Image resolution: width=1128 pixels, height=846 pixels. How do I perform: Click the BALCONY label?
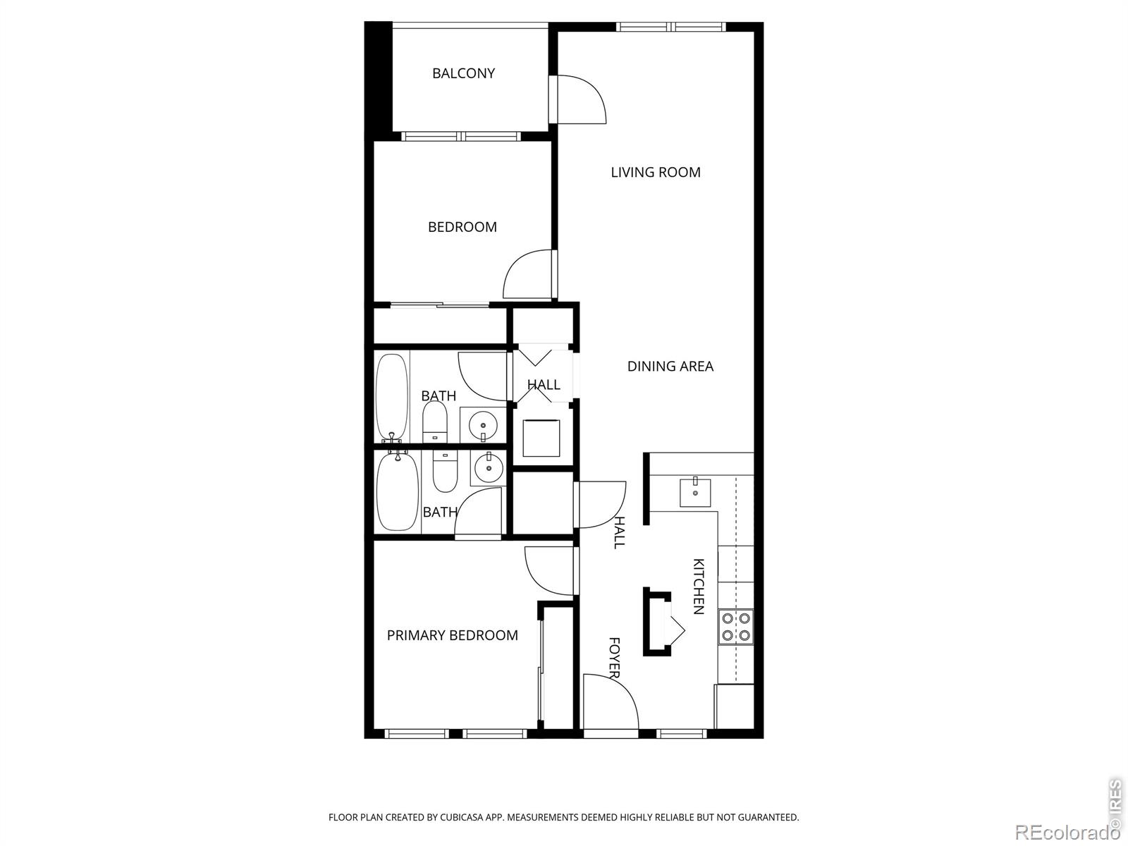click(x=463, y=73)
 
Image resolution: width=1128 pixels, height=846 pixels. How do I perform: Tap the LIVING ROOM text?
click(x=655, y=172)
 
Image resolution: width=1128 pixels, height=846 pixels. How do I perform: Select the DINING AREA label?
click(x=670, y=366)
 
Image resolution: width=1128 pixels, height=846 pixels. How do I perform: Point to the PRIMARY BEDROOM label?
click(x=452, y=635)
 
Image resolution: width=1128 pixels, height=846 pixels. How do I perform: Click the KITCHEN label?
click(x=699, y=586)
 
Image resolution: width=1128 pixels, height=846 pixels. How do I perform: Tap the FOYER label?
click(x=614, y=658)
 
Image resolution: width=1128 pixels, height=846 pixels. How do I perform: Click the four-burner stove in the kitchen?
click(x=736, y=627)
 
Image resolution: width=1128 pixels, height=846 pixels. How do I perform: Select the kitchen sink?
click(x=695, y=493)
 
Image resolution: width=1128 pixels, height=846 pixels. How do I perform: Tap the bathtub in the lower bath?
click(x=397, y=491)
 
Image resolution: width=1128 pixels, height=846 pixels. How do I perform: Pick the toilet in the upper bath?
click(x=435, y=422)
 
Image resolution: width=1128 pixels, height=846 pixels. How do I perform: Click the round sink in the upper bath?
click(x=483, y=425)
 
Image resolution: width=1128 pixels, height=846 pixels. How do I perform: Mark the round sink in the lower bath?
click(x=489, y=467)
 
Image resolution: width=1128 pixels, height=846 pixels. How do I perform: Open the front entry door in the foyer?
click(x=611, y=701)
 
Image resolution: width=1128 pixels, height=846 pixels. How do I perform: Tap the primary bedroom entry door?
click(x=549, y=570)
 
